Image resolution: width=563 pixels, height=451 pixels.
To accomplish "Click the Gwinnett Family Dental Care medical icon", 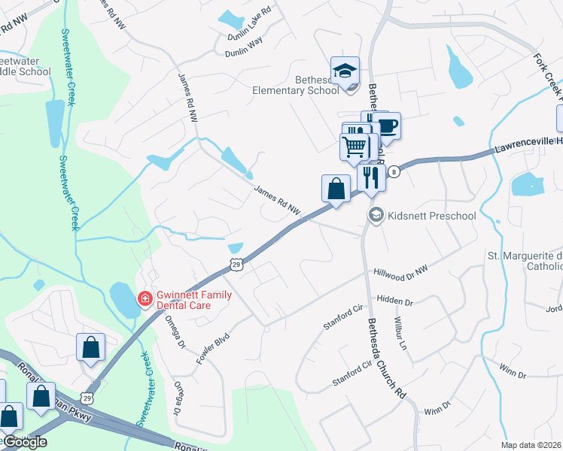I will point(143,299).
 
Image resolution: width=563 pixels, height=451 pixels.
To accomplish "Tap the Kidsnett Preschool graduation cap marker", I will point(376,216).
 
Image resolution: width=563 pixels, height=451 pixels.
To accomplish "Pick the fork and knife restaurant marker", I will point(370,178).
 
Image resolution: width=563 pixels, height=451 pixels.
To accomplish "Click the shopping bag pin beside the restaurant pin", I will point(336,188).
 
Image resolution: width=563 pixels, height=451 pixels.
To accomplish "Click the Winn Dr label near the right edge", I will point(512,368).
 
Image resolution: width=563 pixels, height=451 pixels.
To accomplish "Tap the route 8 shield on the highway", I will point(394,171).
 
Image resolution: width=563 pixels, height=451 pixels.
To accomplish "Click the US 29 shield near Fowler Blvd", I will point(236,264).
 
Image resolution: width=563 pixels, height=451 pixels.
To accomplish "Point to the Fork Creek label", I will point(548,75).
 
